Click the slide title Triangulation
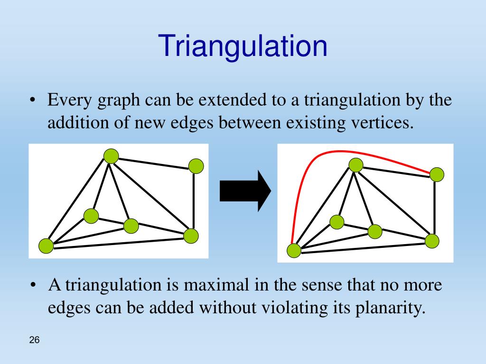click(x=243, y=46)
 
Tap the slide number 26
click(x=34, y=340)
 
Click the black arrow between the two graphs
click(x=245, y=191)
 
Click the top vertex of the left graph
click(x=111, y=155)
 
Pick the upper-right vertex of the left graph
click(x=196, y=166)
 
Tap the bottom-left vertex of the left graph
click(x=46, y=246)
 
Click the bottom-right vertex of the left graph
click(x=191, y=236)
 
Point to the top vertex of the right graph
click(x=356, y=165)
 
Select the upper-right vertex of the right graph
click(x=437, y=174)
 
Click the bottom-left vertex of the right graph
click(x=294, y=250)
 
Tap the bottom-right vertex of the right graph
click(x=432, y=241)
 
